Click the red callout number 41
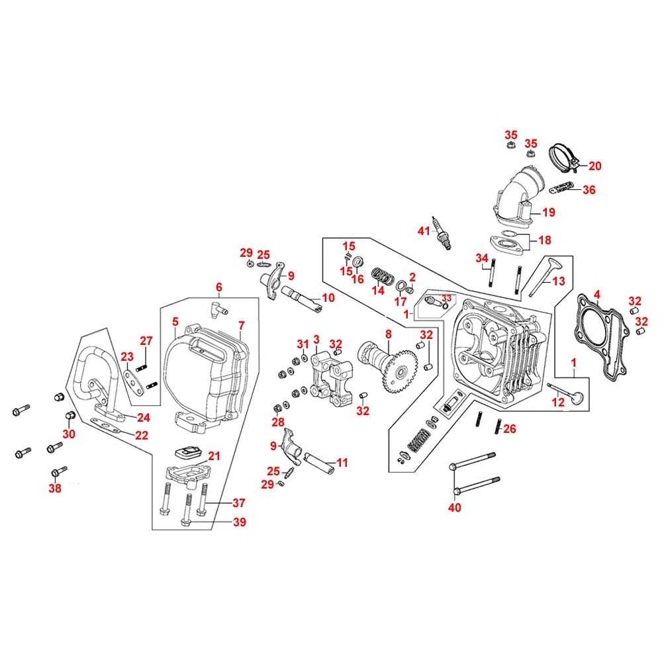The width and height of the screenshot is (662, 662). (x=424, y=230)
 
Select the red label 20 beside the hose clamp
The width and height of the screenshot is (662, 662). (x=594, y=165)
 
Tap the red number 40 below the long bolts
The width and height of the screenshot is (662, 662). (x=455, y=508)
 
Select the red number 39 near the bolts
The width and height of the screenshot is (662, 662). (x=239, y=522)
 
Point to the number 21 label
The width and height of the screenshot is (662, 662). (x=213, y=455)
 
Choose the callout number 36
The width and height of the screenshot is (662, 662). (x=589, y=190)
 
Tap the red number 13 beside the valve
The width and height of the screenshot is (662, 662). (x=559, y=281)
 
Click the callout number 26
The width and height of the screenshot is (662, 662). (x=508, y=429)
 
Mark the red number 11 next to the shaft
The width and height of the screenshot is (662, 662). (x=342, y=463)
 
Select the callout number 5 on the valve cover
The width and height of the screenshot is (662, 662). (x=175, y=322)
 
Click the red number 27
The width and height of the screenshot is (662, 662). (x=146, y=341)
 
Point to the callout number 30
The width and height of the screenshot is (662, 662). (x=69, y=434)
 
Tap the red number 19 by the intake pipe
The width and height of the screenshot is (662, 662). (x=548, y=213)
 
